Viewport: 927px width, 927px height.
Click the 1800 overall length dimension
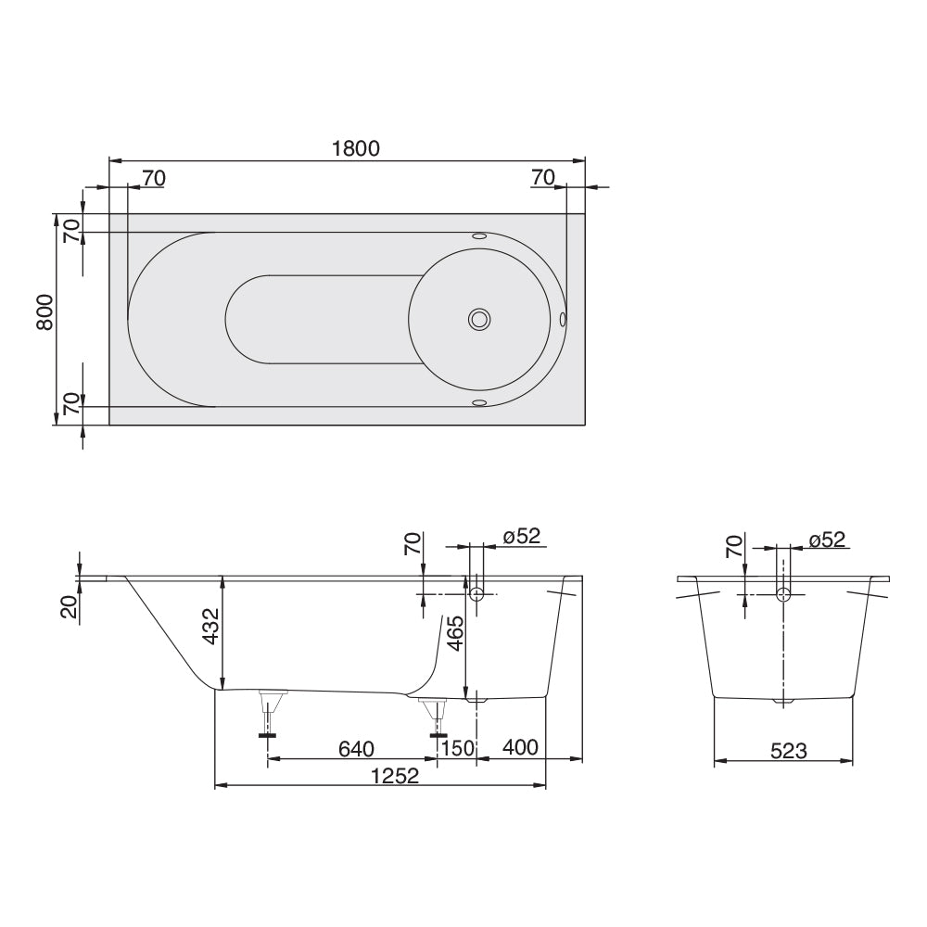356,148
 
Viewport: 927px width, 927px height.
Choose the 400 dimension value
519,748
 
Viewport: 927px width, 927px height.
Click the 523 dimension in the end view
788,752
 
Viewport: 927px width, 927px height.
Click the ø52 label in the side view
521,537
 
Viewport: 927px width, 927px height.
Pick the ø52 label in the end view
827,540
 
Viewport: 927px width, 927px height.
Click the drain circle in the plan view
479,320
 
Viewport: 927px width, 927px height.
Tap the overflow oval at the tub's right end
563,320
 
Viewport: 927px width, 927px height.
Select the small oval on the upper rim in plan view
479,236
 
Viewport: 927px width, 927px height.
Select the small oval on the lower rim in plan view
479,403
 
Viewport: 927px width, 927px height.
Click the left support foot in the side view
270,714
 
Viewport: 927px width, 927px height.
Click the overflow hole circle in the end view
784,594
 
